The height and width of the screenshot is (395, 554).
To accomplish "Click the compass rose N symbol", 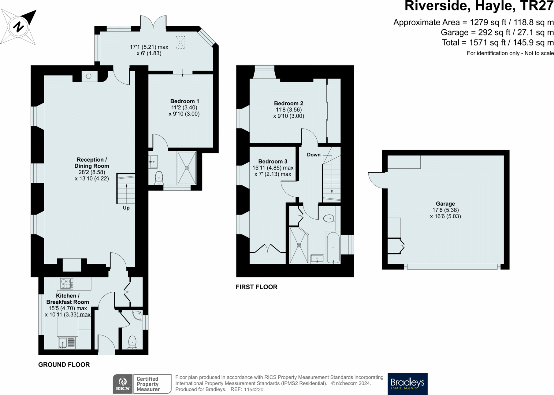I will [x=18, y=27].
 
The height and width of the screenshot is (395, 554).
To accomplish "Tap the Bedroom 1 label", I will [x=184, y=101].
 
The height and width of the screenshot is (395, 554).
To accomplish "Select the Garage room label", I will [x=445, y=204].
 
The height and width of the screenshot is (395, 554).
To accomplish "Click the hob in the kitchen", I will [x=67, y=283].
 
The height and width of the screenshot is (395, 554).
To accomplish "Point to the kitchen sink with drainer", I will [x=67, y=342].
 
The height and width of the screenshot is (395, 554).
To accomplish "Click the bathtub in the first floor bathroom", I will [x=333, y=247].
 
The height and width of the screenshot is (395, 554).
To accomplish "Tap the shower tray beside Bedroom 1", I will [x=187, y=168].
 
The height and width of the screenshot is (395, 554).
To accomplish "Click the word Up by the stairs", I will [x=126, y=208].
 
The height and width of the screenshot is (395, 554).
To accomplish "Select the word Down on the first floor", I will [x=314, y=155].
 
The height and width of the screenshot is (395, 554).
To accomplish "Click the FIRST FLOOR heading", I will [x=256, y=287].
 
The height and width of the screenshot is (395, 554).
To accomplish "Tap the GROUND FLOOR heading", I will [x=64, y=364].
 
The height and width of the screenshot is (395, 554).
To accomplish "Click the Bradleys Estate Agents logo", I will [x=407, y=384].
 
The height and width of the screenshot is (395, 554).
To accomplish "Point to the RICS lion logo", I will [x=123, y=384].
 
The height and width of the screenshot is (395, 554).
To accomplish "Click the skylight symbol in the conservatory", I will [x=180, y=42].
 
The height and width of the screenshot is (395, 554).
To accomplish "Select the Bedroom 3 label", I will [x=273, y=161].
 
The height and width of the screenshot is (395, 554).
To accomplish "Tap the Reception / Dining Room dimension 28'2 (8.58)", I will [x=91, y=172].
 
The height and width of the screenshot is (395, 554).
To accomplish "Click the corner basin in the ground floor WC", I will [x=138, y=315].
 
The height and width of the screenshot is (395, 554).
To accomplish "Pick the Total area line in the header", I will [x=497, y=42].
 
